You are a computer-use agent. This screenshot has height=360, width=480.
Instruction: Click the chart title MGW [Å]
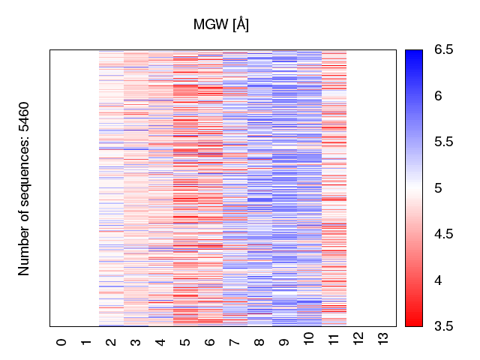[221, 25]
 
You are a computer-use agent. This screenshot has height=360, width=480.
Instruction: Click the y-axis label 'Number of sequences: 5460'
[25, 188]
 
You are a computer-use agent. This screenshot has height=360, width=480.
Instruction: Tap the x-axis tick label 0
[62, 342]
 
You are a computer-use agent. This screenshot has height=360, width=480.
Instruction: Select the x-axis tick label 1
[87, 342]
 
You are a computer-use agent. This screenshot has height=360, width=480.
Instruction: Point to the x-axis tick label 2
[112, 342]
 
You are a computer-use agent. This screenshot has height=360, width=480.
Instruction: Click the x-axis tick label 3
[136, 342]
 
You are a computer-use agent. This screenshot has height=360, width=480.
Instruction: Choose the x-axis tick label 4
[161, 342]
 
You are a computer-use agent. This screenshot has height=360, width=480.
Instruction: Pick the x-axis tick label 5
[186, 342]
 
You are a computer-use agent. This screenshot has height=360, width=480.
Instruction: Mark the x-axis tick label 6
[211, 342]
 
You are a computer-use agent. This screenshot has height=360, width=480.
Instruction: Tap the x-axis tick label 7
[235, 342]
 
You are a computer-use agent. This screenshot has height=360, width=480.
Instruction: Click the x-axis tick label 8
[260, 342]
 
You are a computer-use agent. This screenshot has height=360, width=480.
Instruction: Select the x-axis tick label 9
[285, 342]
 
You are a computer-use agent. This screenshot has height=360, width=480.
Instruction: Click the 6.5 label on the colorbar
[444, 50]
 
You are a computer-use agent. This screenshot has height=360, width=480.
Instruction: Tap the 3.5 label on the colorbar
[444, 326]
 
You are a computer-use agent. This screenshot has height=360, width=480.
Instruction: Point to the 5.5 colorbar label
[444, 142]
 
